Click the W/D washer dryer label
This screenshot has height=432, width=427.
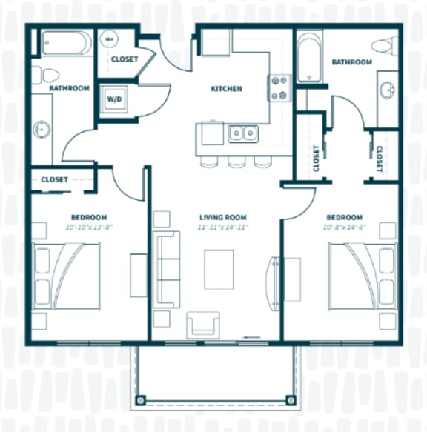[114, 98]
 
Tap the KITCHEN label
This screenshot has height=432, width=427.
[226, 89]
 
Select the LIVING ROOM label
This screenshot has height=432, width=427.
[216, 217]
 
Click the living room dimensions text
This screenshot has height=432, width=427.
[216, 227]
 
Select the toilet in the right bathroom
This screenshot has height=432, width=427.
[383, 47]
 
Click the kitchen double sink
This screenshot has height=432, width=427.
[243, 134]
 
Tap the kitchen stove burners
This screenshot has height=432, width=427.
[278, 87]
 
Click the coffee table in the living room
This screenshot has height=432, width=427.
[219, 268]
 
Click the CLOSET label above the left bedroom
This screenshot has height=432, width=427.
[55, 179]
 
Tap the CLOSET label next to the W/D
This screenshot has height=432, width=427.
[124, 59]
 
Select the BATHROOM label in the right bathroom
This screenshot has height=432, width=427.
[352, 62]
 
